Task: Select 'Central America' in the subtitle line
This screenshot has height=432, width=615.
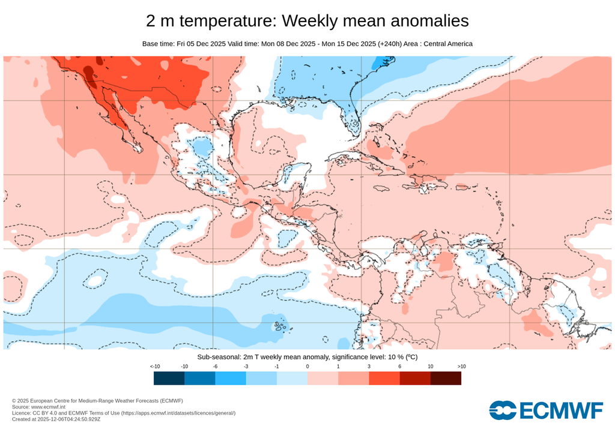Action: coord(446,44)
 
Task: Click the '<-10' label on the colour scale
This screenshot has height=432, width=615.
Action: coord(154,366)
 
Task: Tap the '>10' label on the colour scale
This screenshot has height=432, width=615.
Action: coord(461,366)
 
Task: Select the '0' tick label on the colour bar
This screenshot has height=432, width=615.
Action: coord(307,366)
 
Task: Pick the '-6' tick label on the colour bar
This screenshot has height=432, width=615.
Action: coord(215,366)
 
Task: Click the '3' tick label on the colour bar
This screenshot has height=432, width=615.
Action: coord(369,366)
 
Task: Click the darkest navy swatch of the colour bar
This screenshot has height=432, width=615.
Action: coord(169,378)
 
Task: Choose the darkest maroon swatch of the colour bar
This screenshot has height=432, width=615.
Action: coord(446,378)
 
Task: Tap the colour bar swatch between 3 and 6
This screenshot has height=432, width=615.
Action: coord(384,378)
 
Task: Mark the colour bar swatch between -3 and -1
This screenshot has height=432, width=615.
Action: coord(261,378)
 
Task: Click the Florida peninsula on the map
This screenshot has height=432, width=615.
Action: coord(354,123)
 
